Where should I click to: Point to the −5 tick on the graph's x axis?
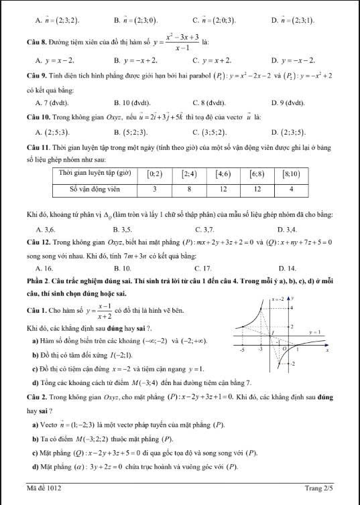[x=242, y=350]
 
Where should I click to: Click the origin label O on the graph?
[x=284, y=350]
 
